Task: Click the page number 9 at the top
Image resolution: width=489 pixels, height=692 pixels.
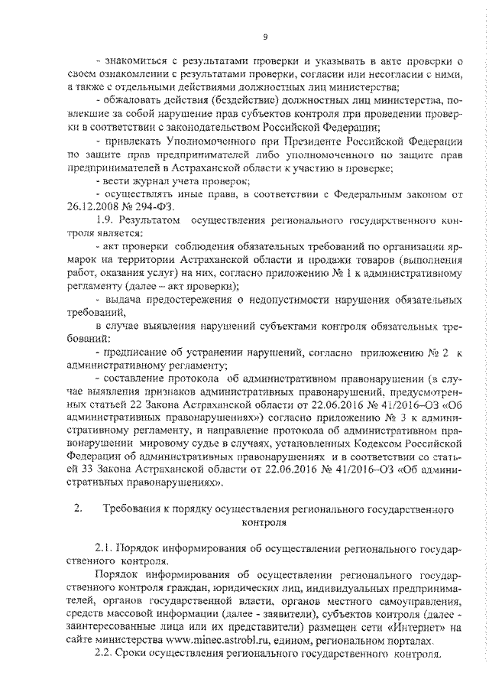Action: [264, 36]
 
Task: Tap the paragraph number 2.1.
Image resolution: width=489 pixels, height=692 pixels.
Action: [105, 549]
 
